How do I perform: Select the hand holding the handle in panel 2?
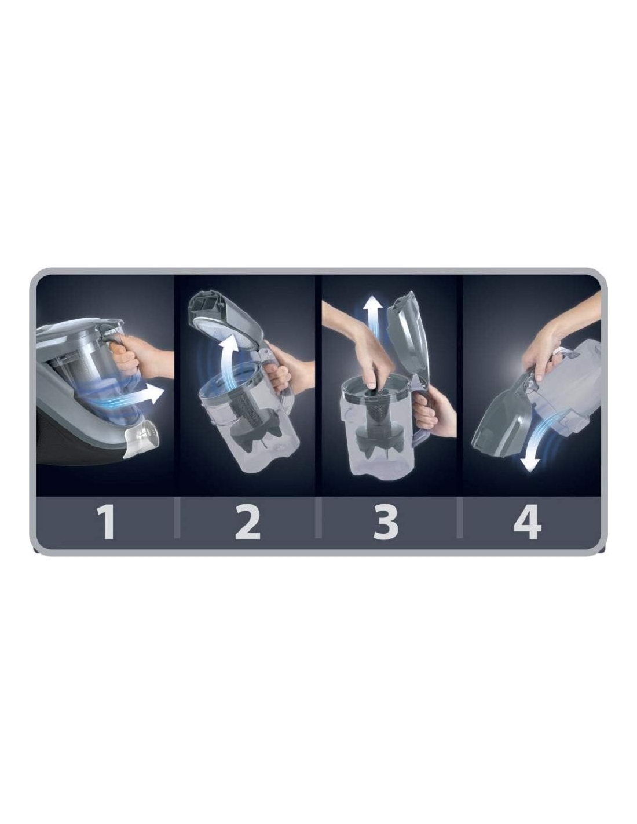[x=283, y=364]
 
